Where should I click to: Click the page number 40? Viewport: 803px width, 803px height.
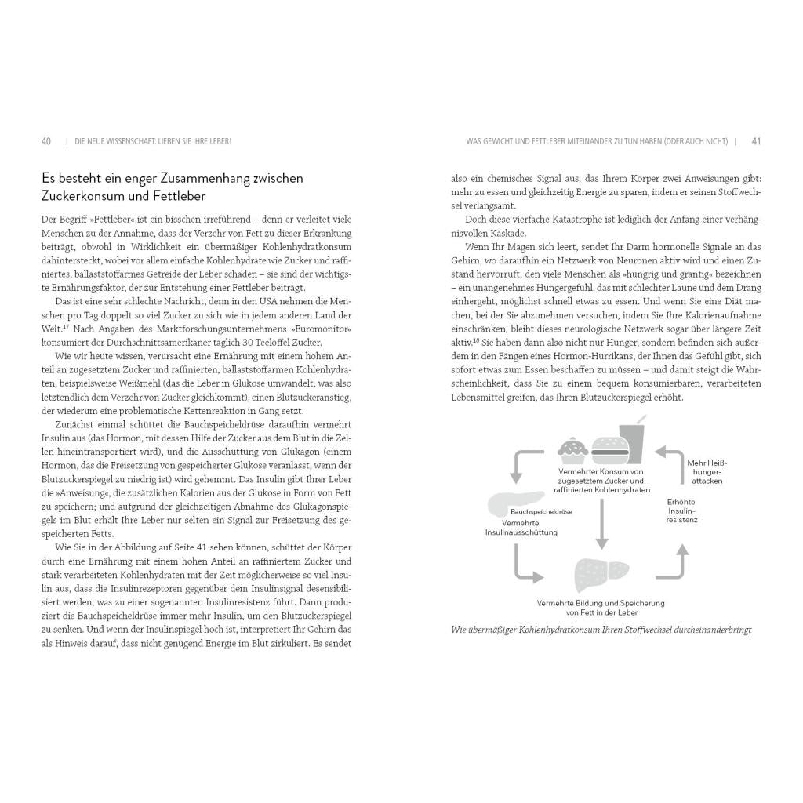tap(46, 141)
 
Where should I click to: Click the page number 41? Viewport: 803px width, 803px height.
tap(756, 141)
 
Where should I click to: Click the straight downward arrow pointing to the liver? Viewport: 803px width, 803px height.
tap(601, 524)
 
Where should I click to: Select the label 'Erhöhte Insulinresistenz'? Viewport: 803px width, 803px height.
tap(681, 511)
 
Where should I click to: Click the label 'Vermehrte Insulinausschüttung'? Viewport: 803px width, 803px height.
tap(521, 527)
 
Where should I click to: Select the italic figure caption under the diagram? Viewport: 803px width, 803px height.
tap(601, 630)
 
